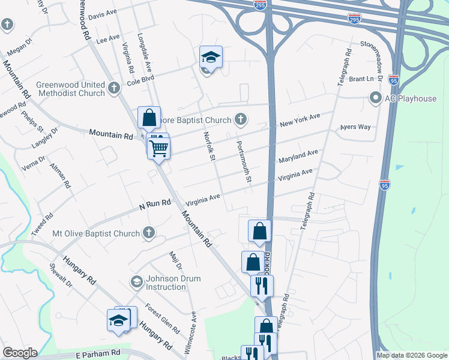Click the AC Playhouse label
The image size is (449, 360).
point(410,98)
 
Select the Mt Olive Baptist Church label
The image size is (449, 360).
point(96,233)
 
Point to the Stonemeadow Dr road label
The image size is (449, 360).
point(384,44)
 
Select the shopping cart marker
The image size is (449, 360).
point(158,146)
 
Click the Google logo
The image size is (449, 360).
point(20,353)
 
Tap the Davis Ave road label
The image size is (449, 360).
point(103,14)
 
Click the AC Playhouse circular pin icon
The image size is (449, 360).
point(376,97)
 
